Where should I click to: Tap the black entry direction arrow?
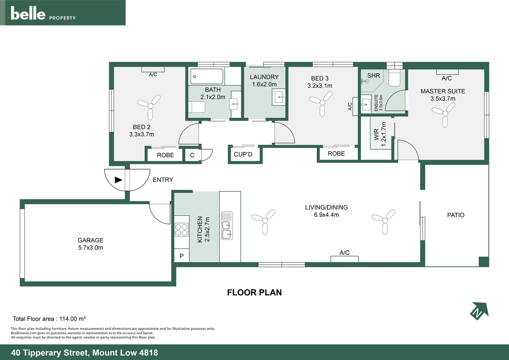118,180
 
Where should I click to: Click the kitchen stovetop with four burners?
182,230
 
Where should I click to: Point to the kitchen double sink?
227,226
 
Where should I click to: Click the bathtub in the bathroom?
207,76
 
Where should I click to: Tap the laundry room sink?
279,97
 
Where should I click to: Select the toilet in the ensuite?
394,79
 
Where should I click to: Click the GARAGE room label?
90,240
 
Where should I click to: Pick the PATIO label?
455,215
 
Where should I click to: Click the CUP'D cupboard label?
243,155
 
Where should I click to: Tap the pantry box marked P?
182,256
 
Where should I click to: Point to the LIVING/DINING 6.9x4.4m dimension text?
326,215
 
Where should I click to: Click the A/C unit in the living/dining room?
344,259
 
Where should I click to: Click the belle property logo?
43,14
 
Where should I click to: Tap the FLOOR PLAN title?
254,293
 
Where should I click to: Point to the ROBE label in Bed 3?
336,154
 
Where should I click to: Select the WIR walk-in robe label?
376,134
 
